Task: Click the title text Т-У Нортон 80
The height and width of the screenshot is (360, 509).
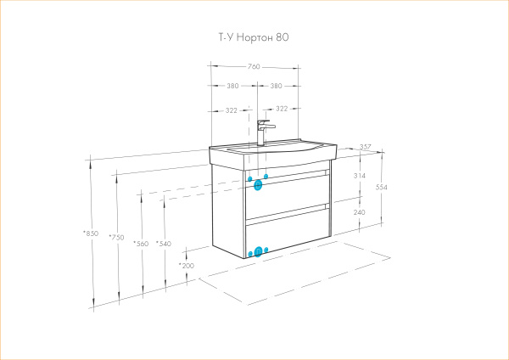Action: click(254, 37)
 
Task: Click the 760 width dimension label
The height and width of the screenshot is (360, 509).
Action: click(254, 66)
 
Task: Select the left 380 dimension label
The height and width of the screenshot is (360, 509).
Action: click(232, 86)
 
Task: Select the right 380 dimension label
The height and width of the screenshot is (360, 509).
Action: click(276, 86)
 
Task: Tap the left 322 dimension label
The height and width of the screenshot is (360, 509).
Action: click(232, 110)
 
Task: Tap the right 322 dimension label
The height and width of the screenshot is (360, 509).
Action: click(282, 109)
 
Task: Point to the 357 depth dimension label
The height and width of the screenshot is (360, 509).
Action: click(365, 147)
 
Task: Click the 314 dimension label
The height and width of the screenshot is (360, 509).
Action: click(360, 176)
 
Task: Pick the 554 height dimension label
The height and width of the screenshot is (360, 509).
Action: click(382, 187)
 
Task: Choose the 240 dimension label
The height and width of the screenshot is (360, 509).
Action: click(359, 212)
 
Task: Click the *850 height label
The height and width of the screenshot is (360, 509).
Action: click(91, 233)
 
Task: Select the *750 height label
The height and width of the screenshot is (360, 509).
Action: click(116, 238)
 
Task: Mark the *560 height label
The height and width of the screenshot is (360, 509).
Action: click(141, 244)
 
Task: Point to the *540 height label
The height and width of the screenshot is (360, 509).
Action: click(164, 244)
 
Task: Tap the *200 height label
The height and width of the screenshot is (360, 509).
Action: click(187, 266)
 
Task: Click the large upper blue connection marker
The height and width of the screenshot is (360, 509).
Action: click(258, 185)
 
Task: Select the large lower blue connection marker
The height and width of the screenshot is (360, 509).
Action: click(258, 251)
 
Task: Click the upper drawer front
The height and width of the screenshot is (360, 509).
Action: click(288, 195)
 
